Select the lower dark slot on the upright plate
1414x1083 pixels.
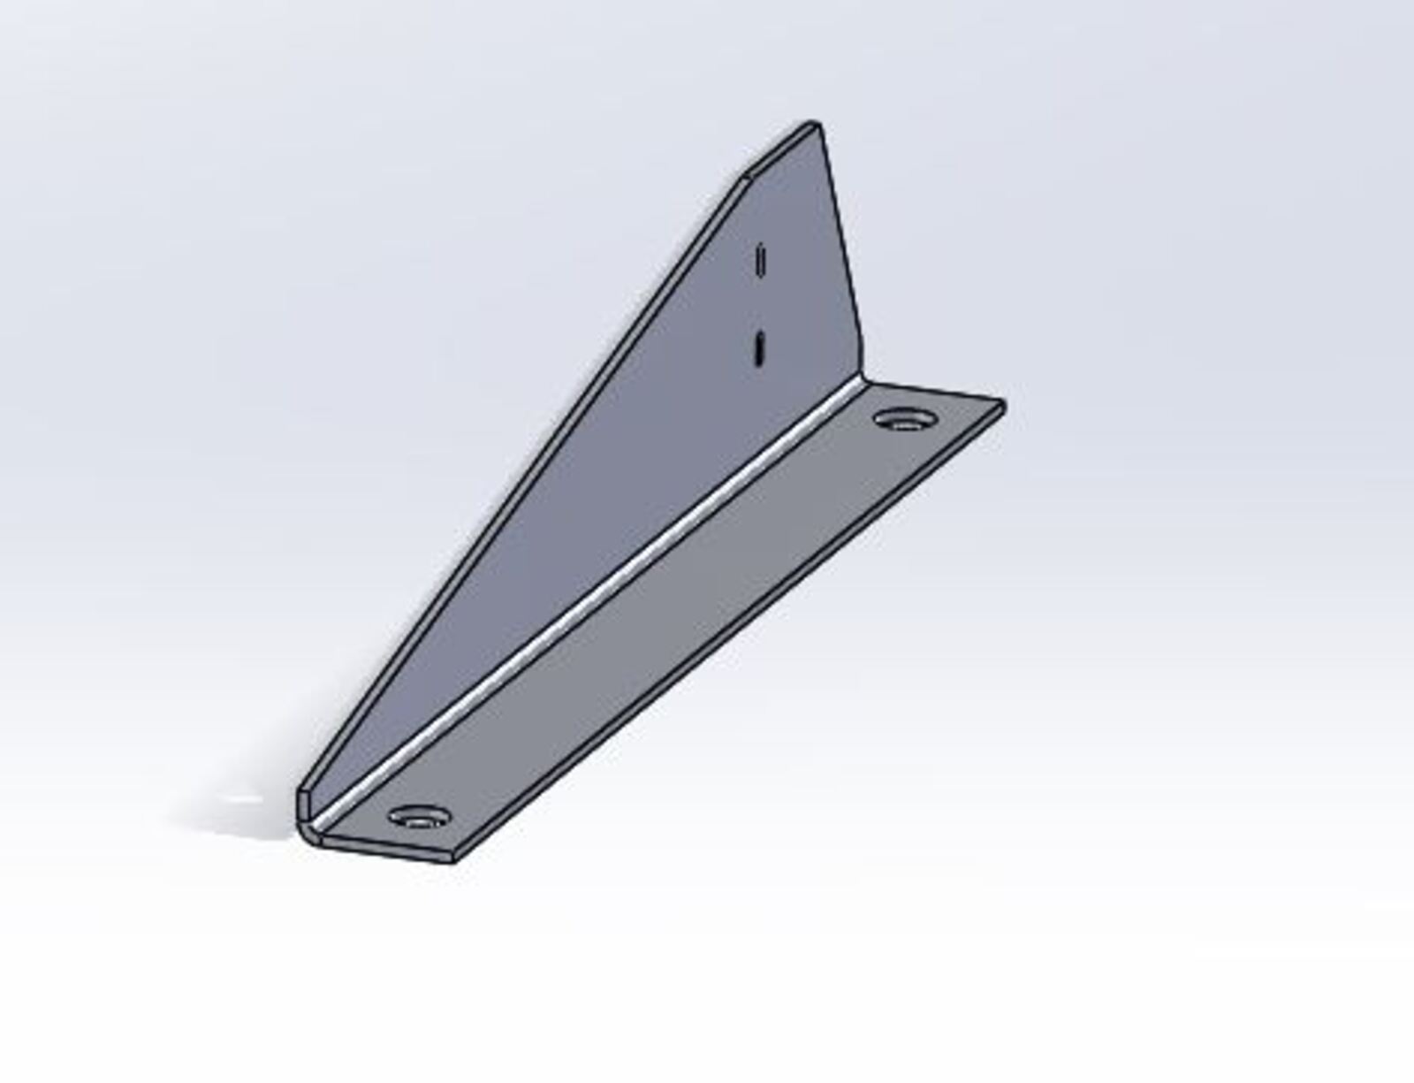(758, 347)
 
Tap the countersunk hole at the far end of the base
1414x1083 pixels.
(901, 418)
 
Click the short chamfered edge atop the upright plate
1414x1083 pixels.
(778, 150)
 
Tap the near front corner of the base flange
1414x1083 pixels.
(452, 858)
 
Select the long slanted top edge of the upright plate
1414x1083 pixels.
(521, 486)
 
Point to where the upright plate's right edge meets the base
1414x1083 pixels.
(863, 380)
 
